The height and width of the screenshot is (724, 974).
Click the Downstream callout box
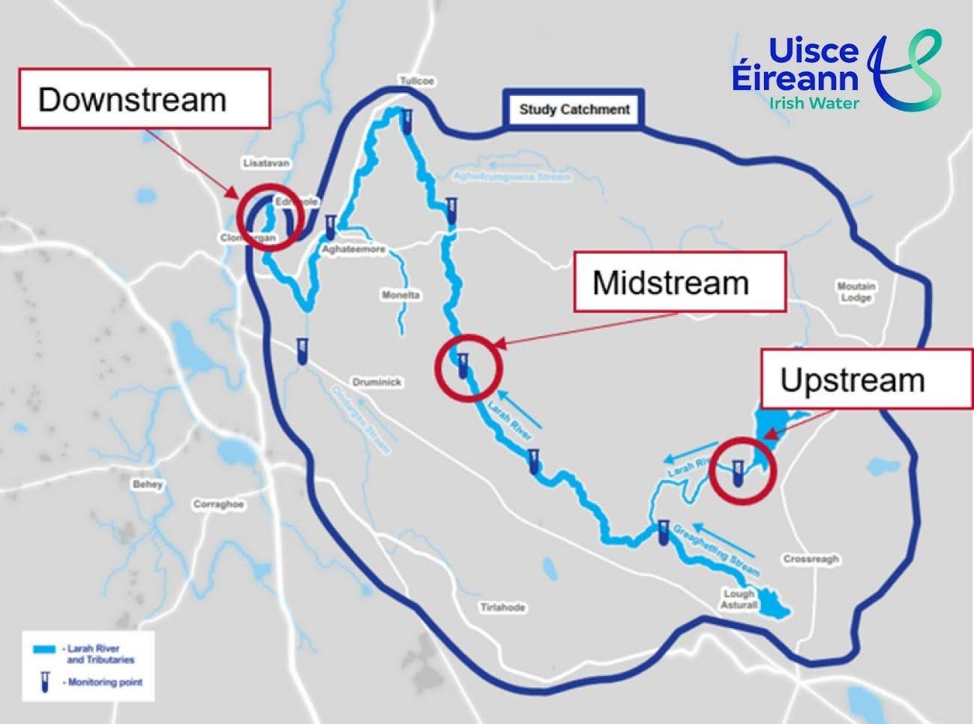tap(144, 98)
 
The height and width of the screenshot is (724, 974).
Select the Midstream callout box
tap(679, 282)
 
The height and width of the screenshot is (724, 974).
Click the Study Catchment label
tap(574, 110)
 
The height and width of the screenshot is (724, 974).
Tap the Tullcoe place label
tap(418, 80)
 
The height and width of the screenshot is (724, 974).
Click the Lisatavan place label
tap(266, 163)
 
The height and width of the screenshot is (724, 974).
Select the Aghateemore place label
tap(353, 249)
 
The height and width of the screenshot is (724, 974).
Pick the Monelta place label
tap(401, 295)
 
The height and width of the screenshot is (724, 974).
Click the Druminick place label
tap(377, 382)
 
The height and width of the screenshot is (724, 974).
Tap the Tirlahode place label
tap(502, 607)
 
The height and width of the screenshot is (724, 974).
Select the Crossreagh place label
tap(811, 559)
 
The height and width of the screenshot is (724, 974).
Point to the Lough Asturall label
tap(739, 599)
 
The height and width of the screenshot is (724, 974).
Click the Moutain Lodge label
tap(856, 291)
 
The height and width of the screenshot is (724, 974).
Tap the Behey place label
tap(148, 485)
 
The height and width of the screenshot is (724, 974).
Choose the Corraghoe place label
tap(218, 504)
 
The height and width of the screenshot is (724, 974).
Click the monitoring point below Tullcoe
tap(407, 121)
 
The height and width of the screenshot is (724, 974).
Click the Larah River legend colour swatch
tap(46, 649)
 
